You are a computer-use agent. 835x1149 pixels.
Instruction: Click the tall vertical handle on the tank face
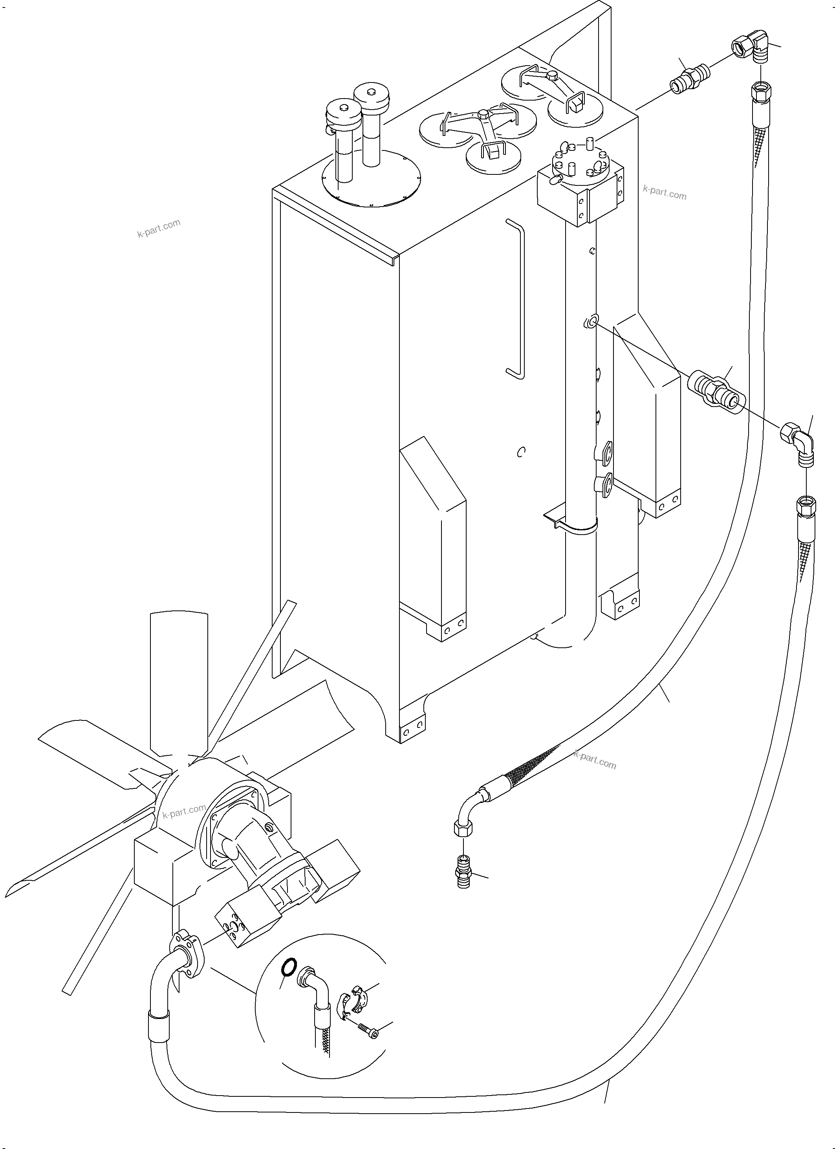click(517, 299)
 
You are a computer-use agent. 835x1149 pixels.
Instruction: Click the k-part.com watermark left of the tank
click(159, 229)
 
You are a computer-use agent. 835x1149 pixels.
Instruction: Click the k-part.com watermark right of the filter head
click(664, 192)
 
